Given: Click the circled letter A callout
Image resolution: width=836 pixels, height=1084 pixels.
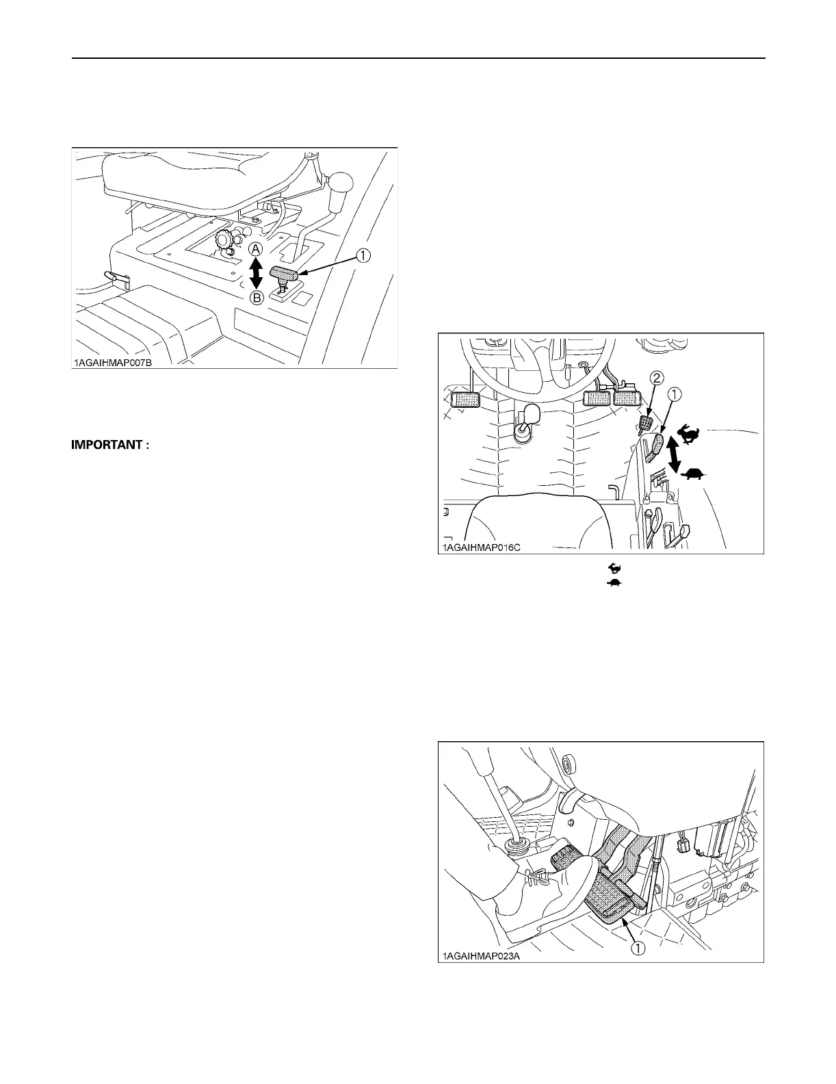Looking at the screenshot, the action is click(254, 248).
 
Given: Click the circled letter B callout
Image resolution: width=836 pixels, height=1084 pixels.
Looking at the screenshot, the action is click(254, 298).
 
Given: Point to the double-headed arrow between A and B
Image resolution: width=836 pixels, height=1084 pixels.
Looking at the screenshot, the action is click(254, 273).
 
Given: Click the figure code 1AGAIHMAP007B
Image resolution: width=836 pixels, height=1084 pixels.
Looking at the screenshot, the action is click(113, 363).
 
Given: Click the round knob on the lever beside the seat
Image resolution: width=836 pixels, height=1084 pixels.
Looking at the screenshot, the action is click(343, 184).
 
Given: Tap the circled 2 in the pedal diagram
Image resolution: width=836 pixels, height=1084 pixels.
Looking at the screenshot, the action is click(655, 376).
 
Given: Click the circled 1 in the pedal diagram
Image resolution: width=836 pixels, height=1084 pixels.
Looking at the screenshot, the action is click(674, 393).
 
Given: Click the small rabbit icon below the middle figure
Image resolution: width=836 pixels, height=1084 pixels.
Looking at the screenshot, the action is click(614, 568).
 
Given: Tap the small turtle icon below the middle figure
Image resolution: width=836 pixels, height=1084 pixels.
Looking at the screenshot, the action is click(614, 582).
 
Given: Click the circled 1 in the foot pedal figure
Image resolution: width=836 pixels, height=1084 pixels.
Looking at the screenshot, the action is click(637, 948).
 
